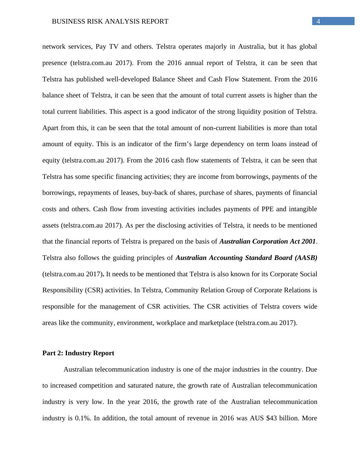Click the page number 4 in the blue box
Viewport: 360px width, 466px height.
point(318,21)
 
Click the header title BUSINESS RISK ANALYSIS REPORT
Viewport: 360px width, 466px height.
point(110,21)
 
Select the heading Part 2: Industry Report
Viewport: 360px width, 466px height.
point(78,353)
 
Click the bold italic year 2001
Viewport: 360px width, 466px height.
point(307,241)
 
